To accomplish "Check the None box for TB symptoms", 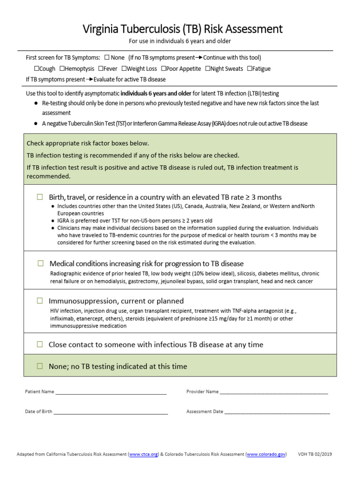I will pos(107,58).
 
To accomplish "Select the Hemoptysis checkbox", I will pos(61,68).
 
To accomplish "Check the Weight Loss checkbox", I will pos(123,68).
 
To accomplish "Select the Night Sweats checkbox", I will pos(207,68).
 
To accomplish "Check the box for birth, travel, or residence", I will pos(40,197).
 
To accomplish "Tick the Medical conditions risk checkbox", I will pos(40,263).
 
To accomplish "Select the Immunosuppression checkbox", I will pos(40,301).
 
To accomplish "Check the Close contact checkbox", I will pos(40,345).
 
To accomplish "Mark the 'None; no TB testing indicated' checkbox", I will pos(40,366).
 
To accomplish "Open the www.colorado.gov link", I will pos(266,455).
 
